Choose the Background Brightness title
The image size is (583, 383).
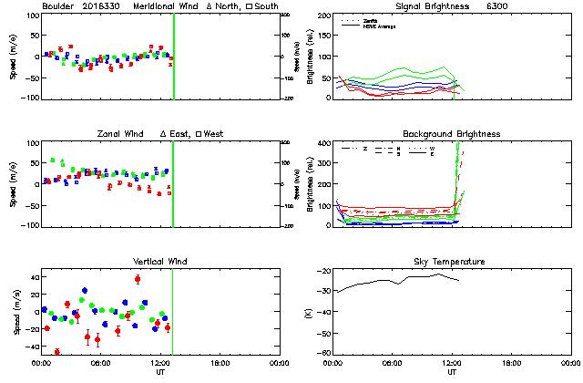pos(452,134)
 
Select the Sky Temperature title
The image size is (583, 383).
pos(452,262)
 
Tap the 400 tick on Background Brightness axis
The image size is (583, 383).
pos(323,144)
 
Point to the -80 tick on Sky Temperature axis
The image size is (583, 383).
pos(322,352)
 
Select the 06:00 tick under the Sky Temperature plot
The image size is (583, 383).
pos(394,362)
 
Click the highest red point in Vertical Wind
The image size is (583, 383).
pos(138,279)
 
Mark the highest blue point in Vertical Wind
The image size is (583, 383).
pos(85,291)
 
